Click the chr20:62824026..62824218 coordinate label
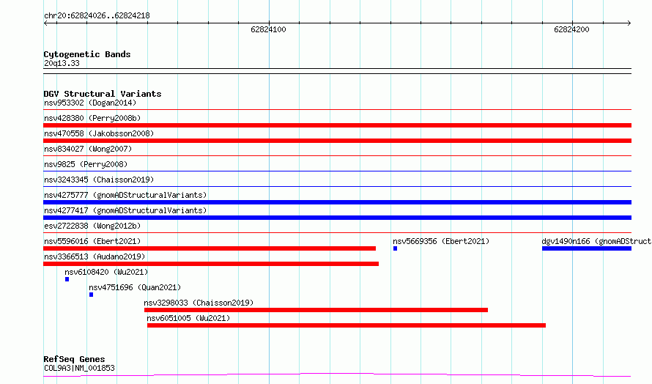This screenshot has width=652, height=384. (97, 16)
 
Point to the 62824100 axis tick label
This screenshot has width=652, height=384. (268, 29)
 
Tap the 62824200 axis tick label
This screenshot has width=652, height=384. (571, 29)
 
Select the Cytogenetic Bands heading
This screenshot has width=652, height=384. (87, 54)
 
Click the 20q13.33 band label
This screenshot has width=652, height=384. (62, 63)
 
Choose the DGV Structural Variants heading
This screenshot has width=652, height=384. (103, 94)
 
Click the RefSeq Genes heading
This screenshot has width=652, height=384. (74, 359)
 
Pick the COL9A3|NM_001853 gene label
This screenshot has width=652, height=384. (79, 368)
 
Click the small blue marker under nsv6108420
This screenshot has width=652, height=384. (67, 279)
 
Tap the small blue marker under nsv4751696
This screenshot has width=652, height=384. (91, 295)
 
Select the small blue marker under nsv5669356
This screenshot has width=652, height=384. (395, 248)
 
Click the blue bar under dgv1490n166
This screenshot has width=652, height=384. (587, 248)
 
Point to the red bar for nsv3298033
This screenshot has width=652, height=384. (316, 310)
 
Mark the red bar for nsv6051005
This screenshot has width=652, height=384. (347, 325)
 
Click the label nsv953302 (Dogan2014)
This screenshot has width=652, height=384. (90, 103)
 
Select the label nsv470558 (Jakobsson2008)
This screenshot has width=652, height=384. (99, 133)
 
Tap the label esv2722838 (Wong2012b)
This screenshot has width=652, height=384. (92, 226)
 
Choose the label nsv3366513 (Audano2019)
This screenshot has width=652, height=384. (95, 256)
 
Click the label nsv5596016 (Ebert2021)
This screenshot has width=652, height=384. (92, 241)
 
